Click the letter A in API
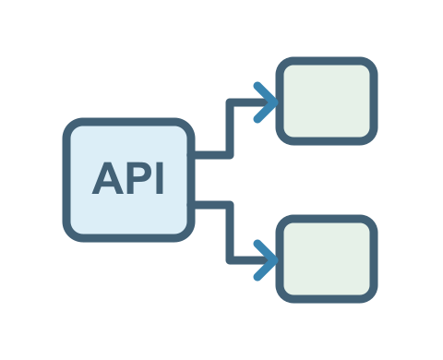(108, 178)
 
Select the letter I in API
(160, 178)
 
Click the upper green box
(327, 101)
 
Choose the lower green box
(327, 258)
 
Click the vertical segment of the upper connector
(230, 128)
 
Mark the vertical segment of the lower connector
(230, 233)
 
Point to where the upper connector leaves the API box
(195, 155)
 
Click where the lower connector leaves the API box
(195, 205)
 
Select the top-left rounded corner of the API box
(70, 126)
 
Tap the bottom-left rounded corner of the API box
(70, 234)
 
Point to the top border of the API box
(128, 122)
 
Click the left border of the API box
(66, 180)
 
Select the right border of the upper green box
(374, 101)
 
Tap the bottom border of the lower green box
(327, 299)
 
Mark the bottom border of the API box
(128, 238)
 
